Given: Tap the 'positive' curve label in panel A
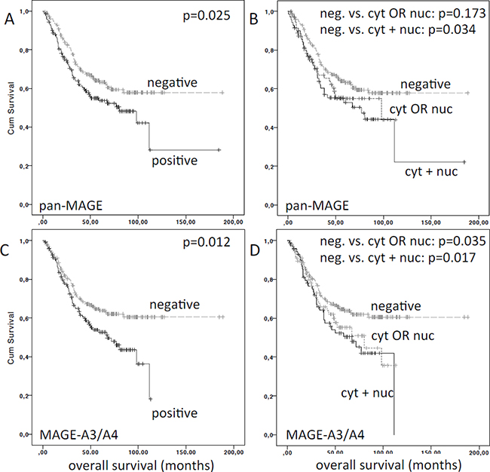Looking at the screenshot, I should [174, 161].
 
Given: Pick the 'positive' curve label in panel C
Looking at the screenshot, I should [174, 412].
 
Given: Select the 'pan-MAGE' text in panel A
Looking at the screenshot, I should [68, 204].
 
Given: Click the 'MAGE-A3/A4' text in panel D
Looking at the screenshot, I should [317, 435].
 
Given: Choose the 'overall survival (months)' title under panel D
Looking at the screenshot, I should [372, 461].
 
